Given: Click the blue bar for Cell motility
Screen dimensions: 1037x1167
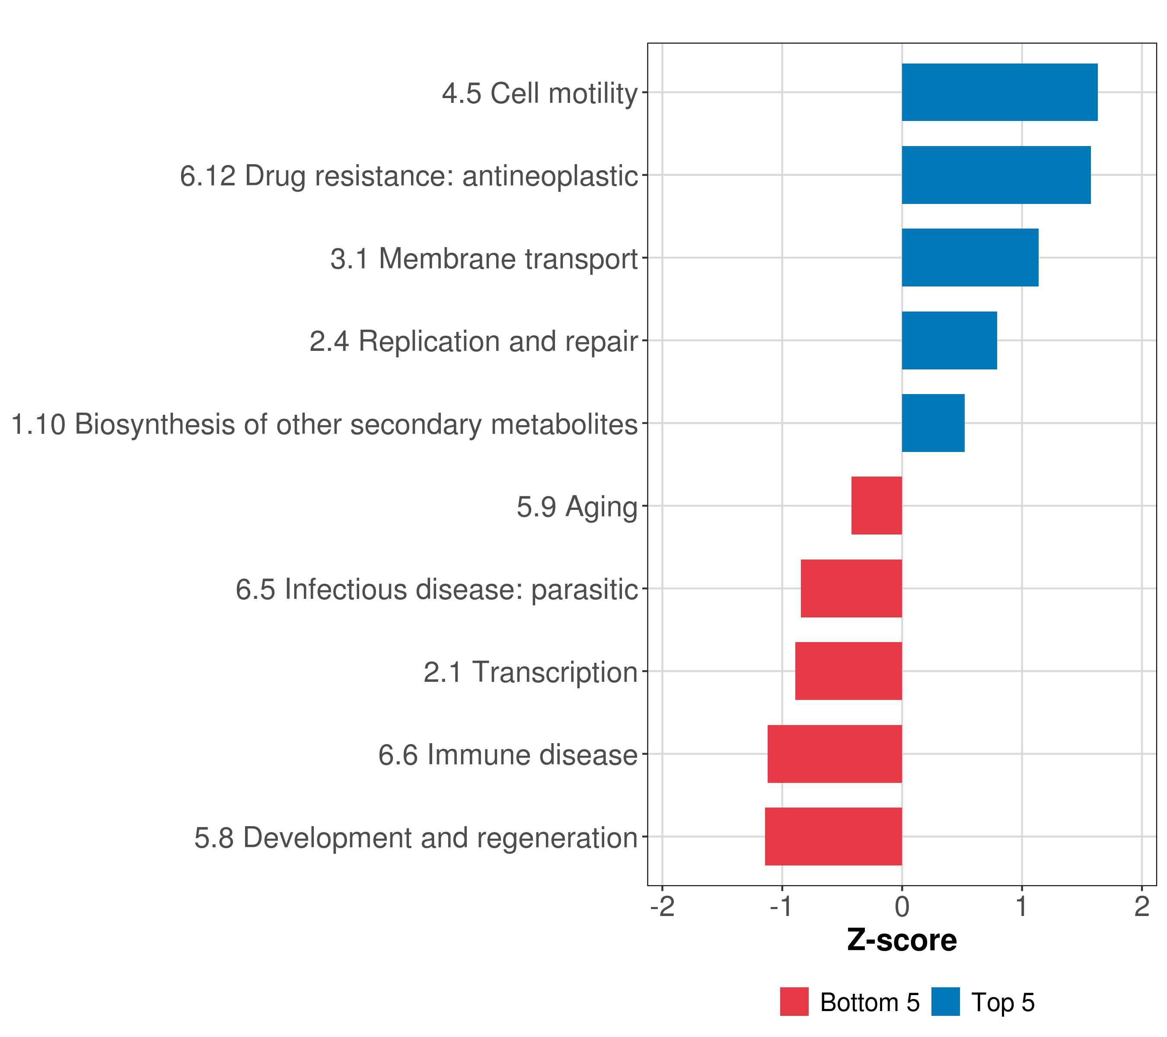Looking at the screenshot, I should (x=999, y=92).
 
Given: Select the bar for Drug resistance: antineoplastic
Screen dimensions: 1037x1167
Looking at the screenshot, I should (x=996, y=175).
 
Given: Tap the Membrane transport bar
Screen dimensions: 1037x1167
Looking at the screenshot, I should (x=969, y=258).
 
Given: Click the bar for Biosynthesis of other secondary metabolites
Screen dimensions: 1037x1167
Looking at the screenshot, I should (x=933, y=423).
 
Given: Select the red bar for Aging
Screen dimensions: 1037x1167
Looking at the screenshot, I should (x=877, y=506).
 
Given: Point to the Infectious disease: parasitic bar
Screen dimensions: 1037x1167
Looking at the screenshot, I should (x=851, y=588).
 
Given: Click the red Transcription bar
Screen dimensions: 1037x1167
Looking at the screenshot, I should (x=848, y=671).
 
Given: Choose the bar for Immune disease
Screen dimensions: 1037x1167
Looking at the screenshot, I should (x=834, y=754).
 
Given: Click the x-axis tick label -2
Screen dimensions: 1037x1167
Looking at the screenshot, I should (x=662, y=907).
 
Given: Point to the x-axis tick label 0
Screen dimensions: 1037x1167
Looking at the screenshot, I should (x=902, y=907).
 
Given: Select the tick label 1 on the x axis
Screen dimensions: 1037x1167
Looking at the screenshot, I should (x=1021, y=907).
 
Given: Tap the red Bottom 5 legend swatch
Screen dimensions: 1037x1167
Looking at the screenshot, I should (x=794, y=1002).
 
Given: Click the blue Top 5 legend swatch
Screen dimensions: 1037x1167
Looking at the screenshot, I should (x=945, y=1002).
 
